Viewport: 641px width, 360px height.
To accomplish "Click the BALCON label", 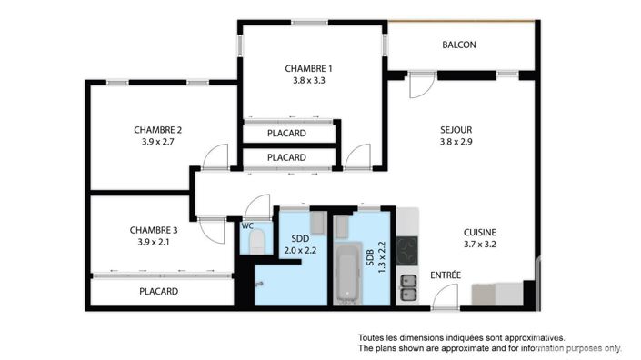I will (x=459, y=45).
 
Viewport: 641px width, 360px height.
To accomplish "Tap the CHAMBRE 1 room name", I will (x=308, y=68).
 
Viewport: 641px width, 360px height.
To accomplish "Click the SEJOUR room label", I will (x=456, y=129).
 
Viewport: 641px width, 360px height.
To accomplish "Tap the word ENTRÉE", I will (x=446, y=275).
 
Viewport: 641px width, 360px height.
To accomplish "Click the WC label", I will (x=245, y=225).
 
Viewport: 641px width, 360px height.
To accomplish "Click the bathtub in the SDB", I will (x=347, y=274).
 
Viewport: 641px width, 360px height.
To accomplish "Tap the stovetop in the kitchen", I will (x=407, y=249).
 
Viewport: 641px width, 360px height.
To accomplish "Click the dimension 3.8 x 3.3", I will (x=308, y=80).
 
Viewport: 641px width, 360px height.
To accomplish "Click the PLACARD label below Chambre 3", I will (x=158, y=292).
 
